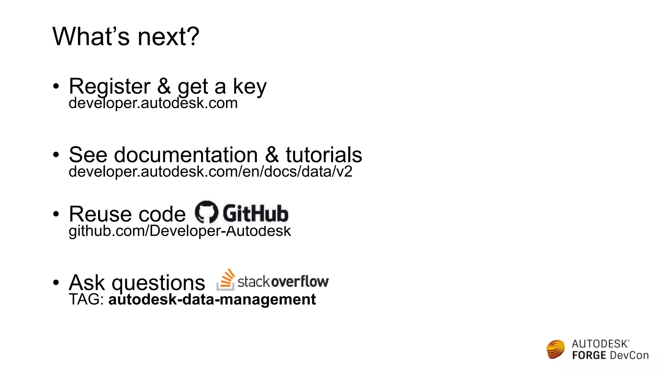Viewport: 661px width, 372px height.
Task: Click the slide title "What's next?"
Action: click(x=126, y=36)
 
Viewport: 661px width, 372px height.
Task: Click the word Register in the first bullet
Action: click(x=109, y=86)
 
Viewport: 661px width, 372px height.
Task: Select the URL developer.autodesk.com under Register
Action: click(x=153, y=103)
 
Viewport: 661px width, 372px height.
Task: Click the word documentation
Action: click(x=186, y=155)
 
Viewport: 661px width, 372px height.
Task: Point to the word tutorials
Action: click(x=323, y=155)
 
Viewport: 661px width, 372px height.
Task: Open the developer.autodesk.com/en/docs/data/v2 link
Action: click(x=210, y=171)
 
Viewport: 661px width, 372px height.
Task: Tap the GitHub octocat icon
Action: click(x=207, y=212)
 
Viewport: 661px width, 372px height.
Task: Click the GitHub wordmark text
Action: click(x=255, y=213)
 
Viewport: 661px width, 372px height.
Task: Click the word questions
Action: click(x=158, y=283)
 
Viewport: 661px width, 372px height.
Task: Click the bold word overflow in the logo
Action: click(x=300, y=281)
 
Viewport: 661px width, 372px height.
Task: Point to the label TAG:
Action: click(x=86, y=299)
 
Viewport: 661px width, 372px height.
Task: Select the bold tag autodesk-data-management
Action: click(x=212, y=299)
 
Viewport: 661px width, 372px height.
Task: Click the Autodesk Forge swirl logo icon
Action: click(x=555, y=349)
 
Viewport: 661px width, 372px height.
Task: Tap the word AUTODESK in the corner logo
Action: click(x=600, y=344)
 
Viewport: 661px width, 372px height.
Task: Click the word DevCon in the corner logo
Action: click(x=629, y=356)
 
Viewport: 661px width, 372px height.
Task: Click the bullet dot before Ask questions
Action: click(x=56, y=283)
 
